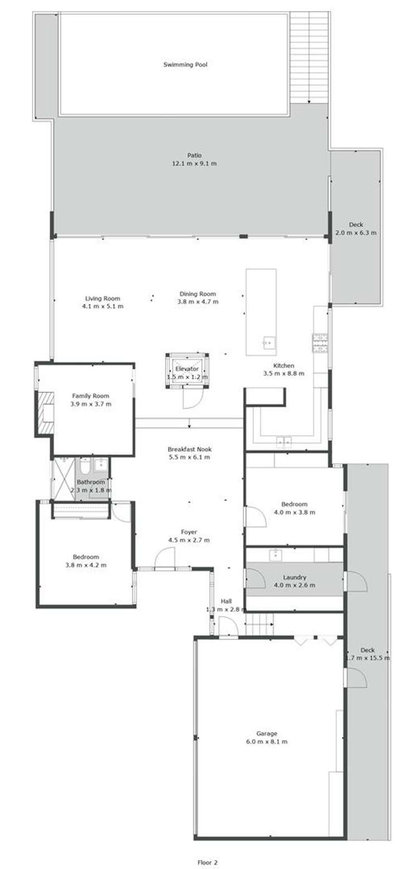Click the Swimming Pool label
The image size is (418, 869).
tap(185, 65)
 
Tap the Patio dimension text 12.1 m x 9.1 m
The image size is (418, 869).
tap(194, 164)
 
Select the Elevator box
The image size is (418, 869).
tap(187, 369)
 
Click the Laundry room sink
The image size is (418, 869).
tap(275, 555)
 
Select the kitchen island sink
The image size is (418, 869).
tap(268, 342)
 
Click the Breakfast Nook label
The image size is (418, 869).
tap(189, 449)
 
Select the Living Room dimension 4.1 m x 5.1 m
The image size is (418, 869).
tap(103, 306)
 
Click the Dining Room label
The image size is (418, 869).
tap(197, 294)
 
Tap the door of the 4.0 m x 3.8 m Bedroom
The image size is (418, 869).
tap(254, 516)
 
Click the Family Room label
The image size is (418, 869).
tap(90, 396)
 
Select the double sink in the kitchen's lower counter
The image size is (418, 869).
tap(284, 442)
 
